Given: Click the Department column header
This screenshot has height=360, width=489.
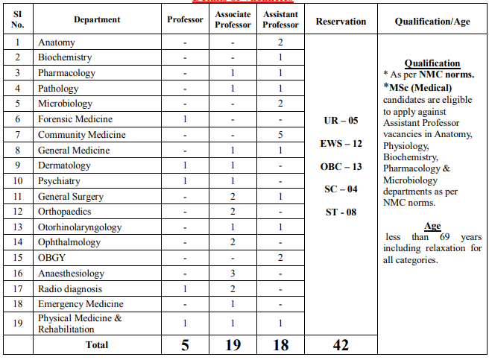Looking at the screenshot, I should coord(97,21).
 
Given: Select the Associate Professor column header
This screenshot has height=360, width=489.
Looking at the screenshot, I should coord(233,21).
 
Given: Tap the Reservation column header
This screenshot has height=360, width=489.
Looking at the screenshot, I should coord(341,21).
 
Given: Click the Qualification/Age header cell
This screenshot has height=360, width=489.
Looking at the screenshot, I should coord(432,21).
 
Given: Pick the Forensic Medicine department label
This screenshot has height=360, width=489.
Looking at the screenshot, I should coord(75,119).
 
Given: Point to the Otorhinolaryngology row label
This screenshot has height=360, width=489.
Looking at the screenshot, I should coord(80,227).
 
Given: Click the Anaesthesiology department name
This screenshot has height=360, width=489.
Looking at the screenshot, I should coord(72,274).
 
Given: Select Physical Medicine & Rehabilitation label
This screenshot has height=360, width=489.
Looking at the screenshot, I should coord(80,323).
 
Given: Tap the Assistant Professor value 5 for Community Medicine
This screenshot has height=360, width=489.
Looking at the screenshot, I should coord(280,135).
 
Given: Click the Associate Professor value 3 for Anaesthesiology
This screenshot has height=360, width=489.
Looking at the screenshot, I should coord(233,274).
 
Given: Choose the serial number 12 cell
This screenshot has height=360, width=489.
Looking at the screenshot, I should coord(18,212).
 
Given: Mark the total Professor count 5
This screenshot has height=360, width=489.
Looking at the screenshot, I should coord(184,345).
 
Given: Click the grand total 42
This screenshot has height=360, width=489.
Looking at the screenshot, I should coord(341,345).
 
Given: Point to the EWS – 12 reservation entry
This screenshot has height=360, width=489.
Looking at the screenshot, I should coord(341,144).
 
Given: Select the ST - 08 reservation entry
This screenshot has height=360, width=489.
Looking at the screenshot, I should coord(341,212).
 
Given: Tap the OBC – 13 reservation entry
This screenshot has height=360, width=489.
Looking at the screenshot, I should coord(341,167).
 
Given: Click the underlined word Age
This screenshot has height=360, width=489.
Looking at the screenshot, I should coord(432,227).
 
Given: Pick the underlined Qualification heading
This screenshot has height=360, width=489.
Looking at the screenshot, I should coord(432,63).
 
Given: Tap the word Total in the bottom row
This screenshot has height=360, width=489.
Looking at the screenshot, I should coord(97,345).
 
